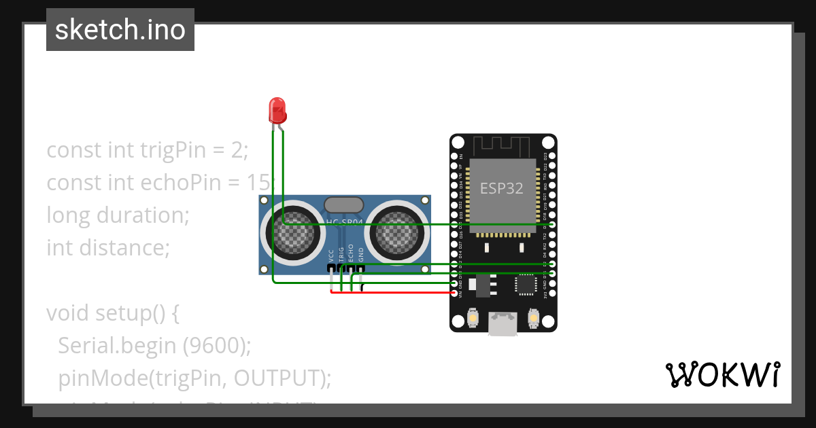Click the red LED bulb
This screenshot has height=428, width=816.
point(277,109)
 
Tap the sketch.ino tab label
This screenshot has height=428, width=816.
point(120,30)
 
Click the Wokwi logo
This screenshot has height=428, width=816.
point(721,374)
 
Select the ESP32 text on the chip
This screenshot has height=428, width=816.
point(502,188)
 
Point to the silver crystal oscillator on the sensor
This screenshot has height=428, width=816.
point(344,205)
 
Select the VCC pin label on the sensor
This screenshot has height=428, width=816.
point(332,255)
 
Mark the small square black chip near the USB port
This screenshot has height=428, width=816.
point(526,285)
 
